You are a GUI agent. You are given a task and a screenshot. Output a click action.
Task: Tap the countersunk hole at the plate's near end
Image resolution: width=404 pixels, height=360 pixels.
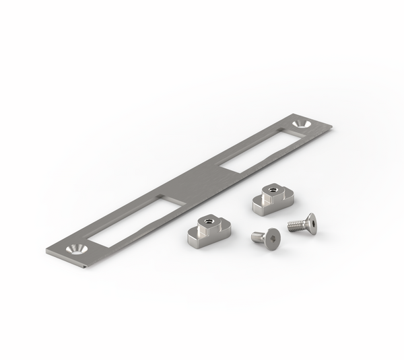(x=75, y=250)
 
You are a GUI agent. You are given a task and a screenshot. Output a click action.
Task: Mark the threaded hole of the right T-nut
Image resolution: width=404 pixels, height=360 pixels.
(x=270, y=190)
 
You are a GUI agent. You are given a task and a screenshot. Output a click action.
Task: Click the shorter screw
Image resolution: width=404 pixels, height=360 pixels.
(x=267, y=238)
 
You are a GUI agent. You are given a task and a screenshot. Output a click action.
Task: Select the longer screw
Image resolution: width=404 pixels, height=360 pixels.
(x=302, y=224)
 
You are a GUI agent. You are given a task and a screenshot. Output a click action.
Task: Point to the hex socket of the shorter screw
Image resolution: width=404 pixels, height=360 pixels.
(x=272, y=238)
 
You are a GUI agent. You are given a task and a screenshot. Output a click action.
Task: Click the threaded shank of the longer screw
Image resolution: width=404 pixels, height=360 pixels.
(x=296, y=225)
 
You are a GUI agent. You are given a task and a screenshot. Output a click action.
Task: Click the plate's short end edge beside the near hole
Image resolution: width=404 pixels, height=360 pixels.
(x=50, y=254)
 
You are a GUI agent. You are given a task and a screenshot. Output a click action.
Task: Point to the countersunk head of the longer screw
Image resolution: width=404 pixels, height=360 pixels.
(x=310, y=223)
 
